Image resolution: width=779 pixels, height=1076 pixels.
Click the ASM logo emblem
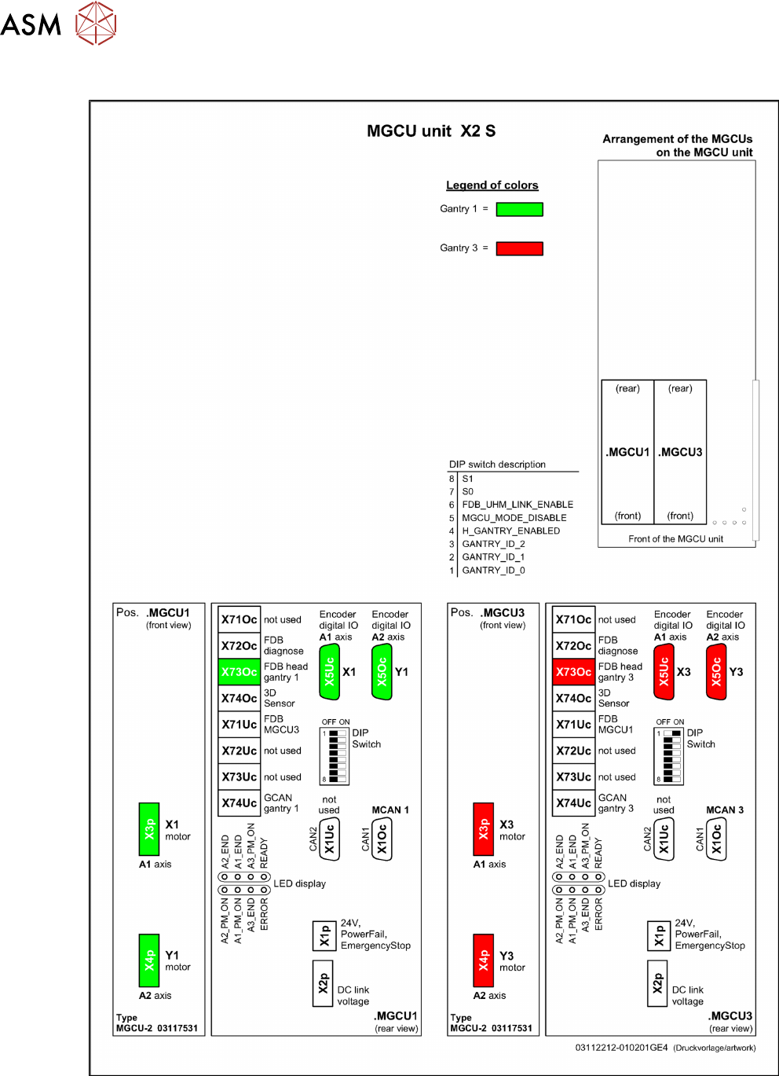pos(96,24)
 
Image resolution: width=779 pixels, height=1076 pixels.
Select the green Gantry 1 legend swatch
pos(519,209)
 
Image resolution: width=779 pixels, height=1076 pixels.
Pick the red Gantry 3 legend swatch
pos(519,248)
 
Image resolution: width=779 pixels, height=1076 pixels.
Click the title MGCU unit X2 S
pos(431,131)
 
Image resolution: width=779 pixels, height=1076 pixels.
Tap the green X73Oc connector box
pos(239,672)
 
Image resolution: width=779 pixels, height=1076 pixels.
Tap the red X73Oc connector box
pos(573,672)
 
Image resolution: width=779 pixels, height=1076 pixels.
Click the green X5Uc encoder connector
pos(329,672)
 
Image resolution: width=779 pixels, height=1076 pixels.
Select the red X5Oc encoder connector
pos(716,672)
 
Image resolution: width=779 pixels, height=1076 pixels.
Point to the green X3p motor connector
pos(149,828)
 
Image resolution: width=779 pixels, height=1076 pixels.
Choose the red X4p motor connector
pos(484,960)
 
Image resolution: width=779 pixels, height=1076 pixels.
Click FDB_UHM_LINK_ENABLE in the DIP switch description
pos(518,505)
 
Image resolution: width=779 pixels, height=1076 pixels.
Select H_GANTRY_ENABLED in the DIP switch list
pos(511,531)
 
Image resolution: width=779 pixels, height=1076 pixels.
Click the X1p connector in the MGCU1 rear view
pos(324,935)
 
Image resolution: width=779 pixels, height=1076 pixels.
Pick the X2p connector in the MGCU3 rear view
pos(658,982)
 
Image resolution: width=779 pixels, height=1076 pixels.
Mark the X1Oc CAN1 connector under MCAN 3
pos(715,839)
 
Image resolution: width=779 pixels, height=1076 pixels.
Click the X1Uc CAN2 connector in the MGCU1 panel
pos(329,839)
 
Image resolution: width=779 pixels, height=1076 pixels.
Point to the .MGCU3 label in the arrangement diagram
pos(681,452)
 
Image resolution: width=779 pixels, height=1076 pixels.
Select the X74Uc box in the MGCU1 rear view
pos(239,803)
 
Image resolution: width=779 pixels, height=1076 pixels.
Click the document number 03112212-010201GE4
pos(621,1048)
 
